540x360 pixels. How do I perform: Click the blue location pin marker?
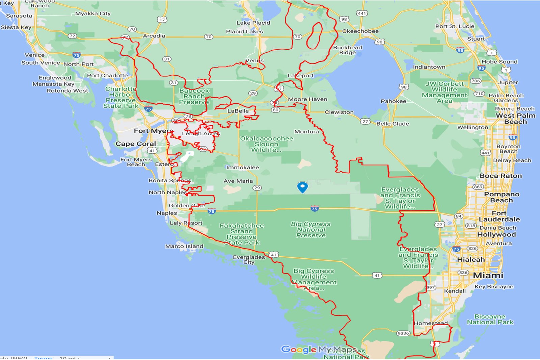(302, 187)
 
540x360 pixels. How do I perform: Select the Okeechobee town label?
(360, 31)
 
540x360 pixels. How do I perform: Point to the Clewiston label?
(339, 112)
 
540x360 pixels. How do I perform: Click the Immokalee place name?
(242, 167)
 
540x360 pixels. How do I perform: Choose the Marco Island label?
(184, 246)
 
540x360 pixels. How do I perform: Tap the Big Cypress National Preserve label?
(310, 230)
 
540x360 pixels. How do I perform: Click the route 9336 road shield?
(403, 333)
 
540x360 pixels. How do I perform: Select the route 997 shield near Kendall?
(430, 287)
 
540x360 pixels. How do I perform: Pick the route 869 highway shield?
(478, 187)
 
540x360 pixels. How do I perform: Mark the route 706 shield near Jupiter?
(476, 81)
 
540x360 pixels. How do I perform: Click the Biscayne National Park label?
(490, 319)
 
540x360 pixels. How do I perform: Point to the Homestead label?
(430, 323)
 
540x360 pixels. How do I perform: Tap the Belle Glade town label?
(393, 124)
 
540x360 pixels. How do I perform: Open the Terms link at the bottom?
(43, 358)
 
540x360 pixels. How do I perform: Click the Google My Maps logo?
(319, 349)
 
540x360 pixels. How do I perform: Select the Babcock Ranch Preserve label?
(194, 96)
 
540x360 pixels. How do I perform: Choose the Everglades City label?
(249, 259)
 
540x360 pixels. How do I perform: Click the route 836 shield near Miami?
(463, 273)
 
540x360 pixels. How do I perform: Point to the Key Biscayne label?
(494, 286)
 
